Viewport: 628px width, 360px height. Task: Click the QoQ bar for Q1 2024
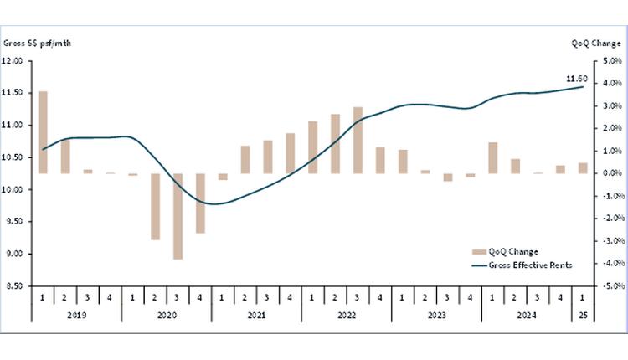pyautogui.click(x=492, y=158)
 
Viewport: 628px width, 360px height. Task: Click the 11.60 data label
pyautogui.click(x=578, y=80)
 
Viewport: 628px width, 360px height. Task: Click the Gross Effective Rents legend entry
pyautogui.click(x=519, y=264)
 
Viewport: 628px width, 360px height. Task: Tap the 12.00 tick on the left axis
pyautogui.click(x=12, y=61)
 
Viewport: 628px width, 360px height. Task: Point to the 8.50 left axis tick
pyautogui.click(x=13, y=285)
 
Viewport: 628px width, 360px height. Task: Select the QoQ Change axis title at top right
pyautogui.click(x=595, y=43)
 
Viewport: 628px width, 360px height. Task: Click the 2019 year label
pyautogui.click(x=76, y=316)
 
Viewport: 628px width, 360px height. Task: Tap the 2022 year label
pyautogui.click(x=347, y=316)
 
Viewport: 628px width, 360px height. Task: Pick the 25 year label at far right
pyautogui.click(x=583, y=316)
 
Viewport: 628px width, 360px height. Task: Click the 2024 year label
pyautogui.click(x=527, y=316)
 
